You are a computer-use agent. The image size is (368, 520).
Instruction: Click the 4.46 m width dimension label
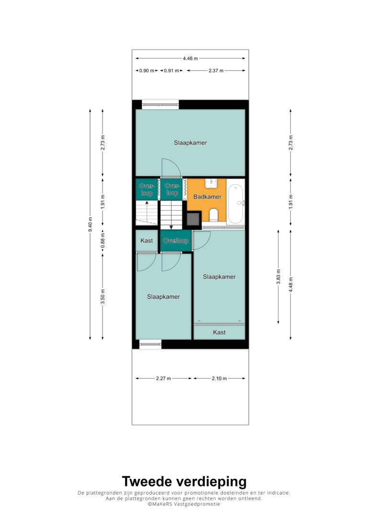(x=190, y=58)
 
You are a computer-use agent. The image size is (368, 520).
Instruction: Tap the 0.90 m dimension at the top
(x=147, y=71)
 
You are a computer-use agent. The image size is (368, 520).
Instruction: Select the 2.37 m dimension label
(x=216, y=71)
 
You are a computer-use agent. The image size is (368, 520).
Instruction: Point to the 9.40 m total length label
(x=90, y=225)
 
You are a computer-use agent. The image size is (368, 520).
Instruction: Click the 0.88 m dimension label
(x=103, y=241)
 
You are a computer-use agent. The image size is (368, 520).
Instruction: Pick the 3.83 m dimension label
(x=278, y=277)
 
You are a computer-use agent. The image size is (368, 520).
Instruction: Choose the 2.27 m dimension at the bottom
(x=163, y=378)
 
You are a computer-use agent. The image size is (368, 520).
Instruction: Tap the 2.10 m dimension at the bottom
(x=219, y=378)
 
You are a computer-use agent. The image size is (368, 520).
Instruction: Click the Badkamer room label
(x=207, y=197)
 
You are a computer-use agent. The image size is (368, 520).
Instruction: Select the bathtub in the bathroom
(x=236, y=204)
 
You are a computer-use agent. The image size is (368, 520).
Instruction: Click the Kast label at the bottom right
(x=219, y=332)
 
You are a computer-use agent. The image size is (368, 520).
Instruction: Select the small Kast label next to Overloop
(x=147, y=240)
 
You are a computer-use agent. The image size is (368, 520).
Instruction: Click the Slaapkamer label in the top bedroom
(x=191, y=143)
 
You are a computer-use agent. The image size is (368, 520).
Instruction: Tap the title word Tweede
(x=147, y=481)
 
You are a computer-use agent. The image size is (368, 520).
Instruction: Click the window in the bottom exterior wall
(x=150, y=344)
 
